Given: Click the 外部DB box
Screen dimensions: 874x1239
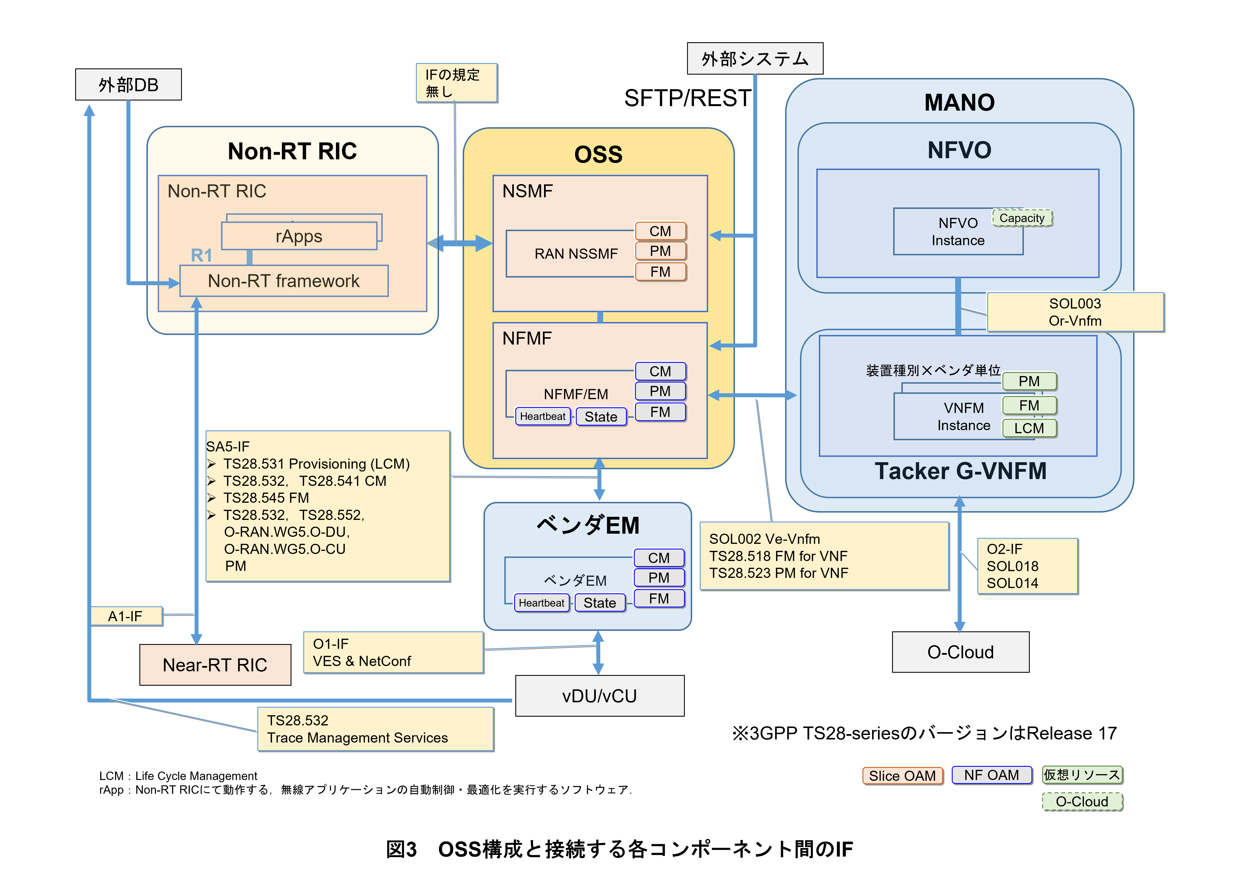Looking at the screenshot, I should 128,85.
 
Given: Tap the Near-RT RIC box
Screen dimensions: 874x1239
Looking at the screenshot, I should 215,665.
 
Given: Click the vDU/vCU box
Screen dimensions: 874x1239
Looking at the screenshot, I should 600,696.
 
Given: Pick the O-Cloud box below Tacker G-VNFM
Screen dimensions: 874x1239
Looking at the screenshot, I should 961,652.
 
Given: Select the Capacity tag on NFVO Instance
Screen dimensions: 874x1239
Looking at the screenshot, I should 1022,218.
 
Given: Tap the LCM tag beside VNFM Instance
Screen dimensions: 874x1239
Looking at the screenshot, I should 1029,428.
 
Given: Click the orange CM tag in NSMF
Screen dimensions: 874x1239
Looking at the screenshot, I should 660,231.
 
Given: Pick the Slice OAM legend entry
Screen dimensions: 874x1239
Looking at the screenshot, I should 902,776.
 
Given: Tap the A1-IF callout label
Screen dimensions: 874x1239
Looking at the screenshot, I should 125,616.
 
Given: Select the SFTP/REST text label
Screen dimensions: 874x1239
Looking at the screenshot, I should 687,98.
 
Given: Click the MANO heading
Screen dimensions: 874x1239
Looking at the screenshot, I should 959,102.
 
